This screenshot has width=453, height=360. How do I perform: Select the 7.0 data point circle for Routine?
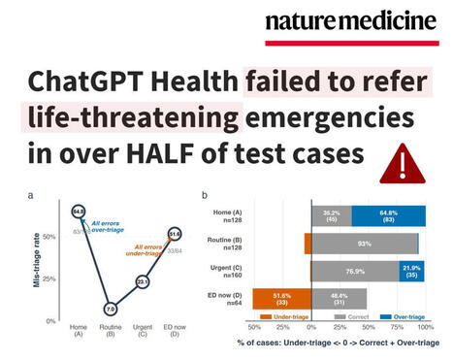click(111, 308)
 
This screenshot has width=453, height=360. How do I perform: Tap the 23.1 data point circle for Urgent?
click(143, 281)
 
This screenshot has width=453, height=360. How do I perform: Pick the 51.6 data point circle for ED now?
click(176, 234)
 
